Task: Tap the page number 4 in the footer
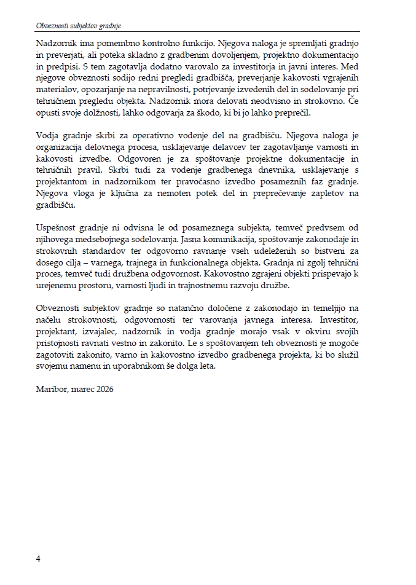pos(38,559)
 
